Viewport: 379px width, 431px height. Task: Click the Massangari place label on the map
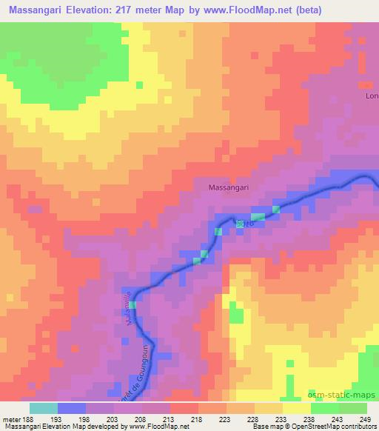[x=228, y=188]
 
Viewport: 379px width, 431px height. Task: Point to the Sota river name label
[x=245, y=222]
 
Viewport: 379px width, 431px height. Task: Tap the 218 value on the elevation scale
[x=197, y=419]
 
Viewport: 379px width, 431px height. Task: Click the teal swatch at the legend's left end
[x=44, y=408]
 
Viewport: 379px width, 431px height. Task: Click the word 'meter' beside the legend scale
[x=11, y=419]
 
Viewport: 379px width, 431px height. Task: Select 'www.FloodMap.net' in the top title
[x=276, y=10]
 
